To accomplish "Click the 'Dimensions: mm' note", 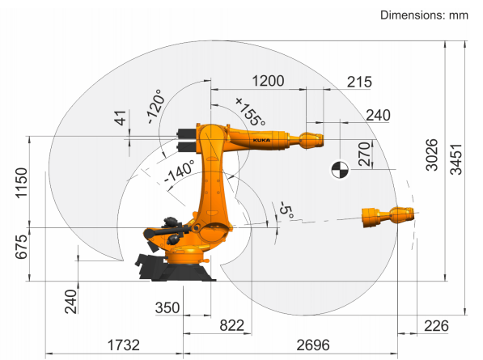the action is tap(424, 15).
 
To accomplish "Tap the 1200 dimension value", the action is tap(268, 81).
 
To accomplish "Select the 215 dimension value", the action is tap(359, 83).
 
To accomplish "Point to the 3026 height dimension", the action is tap(431, 155).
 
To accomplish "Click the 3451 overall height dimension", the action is tap(456, 159).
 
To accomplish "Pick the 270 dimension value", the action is tap(364, 154).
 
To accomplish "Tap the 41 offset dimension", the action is tap(121, 118).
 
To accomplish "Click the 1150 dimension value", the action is tap(22, 183).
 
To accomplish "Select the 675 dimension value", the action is tap(22, 247).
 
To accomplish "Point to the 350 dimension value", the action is tap(167, 307).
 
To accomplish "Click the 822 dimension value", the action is tap(231, 325).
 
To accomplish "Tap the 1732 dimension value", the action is tap(123, 345).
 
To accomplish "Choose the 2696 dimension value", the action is tap(313, 345).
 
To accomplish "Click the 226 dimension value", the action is tap(436, 326).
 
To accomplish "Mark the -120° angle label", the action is tap(155, 107).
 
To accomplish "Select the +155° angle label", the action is tap(251, 112).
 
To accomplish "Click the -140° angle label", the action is tap(180, 172).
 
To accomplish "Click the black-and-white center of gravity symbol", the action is tap(340, 170).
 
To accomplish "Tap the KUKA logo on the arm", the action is tap(261, 141).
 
